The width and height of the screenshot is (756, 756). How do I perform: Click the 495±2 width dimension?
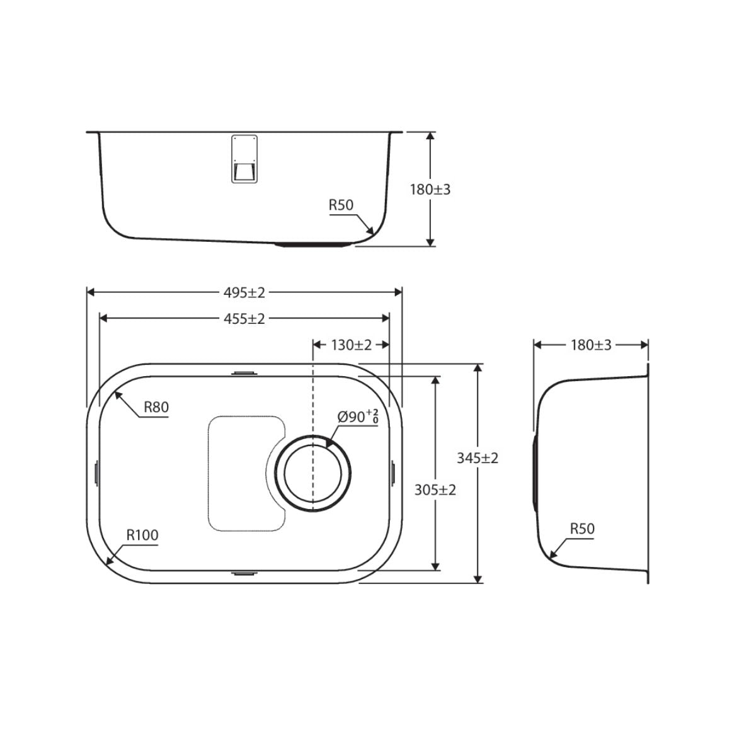click(244, 293)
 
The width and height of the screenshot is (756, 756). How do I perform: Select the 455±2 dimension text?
click(244, 319)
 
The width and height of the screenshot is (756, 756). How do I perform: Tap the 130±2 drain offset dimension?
click(351, 345)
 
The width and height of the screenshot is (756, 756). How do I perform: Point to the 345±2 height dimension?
click(478, 458)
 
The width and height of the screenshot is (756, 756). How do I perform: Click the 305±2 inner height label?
click(435, 490)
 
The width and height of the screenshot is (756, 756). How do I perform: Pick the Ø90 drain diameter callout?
click(358, 416)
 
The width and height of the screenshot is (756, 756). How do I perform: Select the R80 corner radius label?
click(156, 407)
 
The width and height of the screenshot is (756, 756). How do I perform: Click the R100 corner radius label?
click(142, 535)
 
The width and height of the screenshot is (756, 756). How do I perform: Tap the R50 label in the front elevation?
click(341, 205)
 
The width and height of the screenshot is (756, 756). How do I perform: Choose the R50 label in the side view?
click(582, 529)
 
